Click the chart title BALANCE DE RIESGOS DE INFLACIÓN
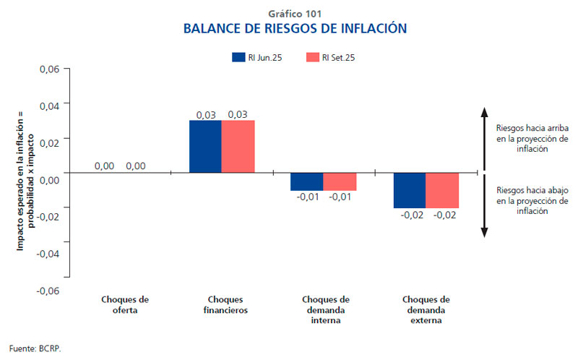click(x=295, y=29)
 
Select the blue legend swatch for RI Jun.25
click(x=239, y=56)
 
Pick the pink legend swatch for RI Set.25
click(x=313, y=56)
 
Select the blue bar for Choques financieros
click(x=205, y=147)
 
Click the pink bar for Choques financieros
click(x=238, y=147)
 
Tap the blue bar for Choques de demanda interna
click(x=306, y=181)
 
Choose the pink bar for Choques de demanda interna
click(x=340, y=181)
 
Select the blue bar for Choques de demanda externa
click(x=409, y=190)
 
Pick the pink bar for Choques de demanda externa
click(x=442, y=190)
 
